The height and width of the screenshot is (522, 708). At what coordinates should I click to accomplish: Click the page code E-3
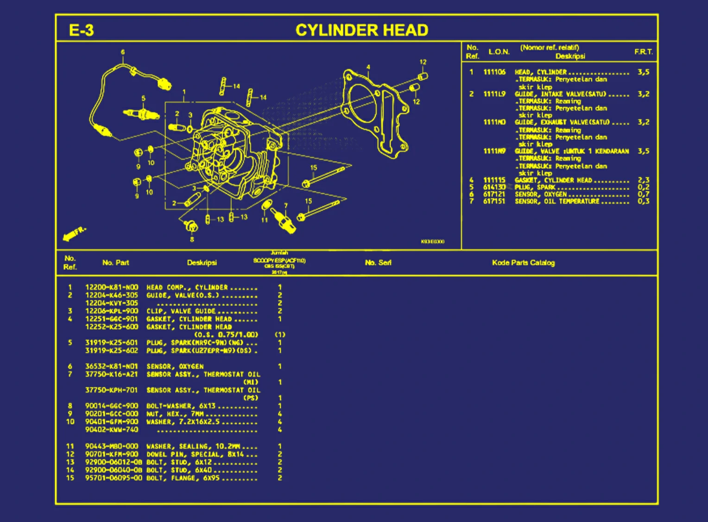click(81, 30)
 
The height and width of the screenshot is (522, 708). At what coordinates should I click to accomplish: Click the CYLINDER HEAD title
click(361, 30)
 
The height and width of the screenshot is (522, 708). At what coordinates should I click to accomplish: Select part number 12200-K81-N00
click(112, 287)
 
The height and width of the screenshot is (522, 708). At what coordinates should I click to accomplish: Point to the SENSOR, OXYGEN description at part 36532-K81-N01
click(175, 366)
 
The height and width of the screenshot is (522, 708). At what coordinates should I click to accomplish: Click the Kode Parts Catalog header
click(523, 263)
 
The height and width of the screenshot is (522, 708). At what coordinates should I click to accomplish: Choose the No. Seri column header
click(378, 263)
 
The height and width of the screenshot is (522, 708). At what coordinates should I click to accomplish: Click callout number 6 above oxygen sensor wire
click(123, 52)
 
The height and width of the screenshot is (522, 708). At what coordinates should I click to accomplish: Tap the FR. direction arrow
click(74, 234)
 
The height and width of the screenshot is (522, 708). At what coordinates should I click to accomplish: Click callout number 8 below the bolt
click(192, 239)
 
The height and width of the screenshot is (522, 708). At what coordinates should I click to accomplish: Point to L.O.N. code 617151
click(494, 201)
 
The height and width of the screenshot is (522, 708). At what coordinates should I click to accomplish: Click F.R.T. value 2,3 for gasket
click(643, 180)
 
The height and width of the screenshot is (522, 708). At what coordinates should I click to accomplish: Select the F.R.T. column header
click(643, 52)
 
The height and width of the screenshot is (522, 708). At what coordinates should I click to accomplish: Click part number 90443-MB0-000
click(112, 447)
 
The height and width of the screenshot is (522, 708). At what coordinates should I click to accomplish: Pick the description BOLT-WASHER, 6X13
click(181, 406)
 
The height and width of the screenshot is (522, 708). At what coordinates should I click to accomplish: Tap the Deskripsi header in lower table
click(202, 263)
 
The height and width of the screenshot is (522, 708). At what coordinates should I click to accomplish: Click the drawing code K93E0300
click(432, 242)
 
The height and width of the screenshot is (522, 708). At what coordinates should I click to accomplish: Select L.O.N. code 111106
click(494, 72)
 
